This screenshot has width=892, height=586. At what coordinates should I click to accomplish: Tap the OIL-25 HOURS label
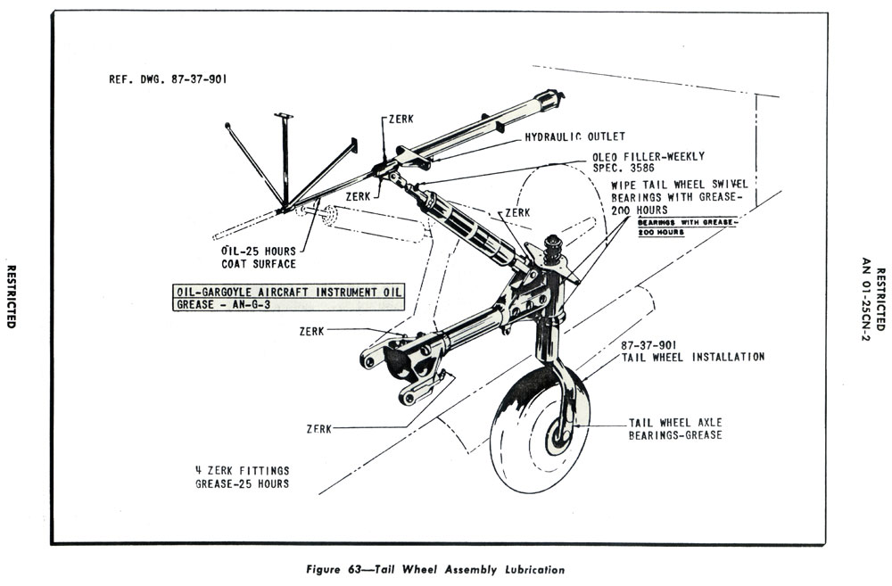(x=259, y=251)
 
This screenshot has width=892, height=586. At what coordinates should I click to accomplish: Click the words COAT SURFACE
(x=259, y=264)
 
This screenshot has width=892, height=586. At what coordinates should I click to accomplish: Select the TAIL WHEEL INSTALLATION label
(x=692, y=357)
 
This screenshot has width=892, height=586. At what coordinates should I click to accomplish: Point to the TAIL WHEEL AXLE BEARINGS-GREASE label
(x=675, y=429)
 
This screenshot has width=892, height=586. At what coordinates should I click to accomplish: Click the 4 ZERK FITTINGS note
(x=243, y=470)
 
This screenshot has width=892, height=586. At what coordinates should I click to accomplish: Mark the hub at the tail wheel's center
(x=562, y=434)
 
